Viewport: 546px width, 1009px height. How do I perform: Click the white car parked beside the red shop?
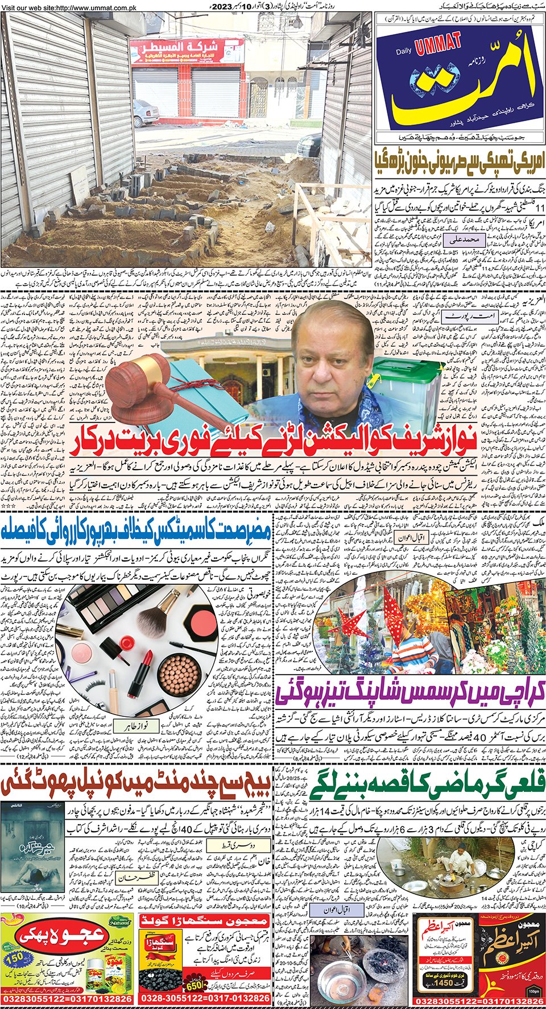coord(144,111)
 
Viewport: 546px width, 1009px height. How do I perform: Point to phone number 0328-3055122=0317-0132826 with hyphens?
coord(205,999)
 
